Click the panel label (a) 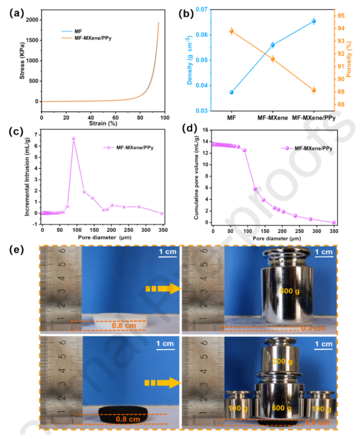[16, 14]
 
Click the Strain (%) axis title [103, 124]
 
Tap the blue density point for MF [232, 92]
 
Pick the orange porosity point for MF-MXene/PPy [313, 90]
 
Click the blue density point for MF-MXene [273, 45]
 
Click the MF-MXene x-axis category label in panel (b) [273, 118]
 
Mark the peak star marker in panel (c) [73, 138]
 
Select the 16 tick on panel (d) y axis [206, 130]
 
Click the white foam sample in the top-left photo [121, 320]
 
